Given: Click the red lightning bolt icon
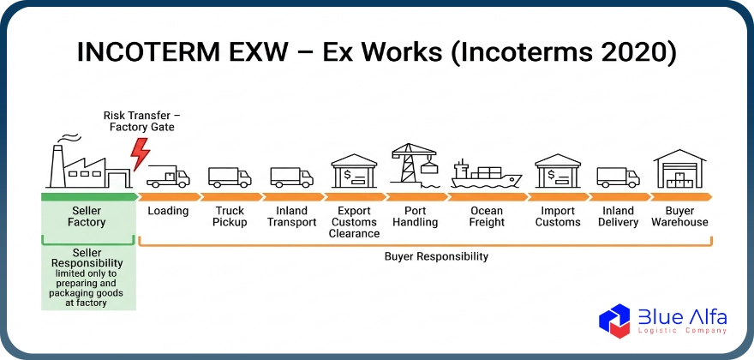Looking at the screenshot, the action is pos(140,154).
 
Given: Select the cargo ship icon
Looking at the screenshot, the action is pos(486,174).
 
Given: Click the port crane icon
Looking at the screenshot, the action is pos(415,165).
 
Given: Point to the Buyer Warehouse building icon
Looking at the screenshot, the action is pos(679,169).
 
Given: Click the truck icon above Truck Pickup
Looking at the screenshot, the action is pos(230,177).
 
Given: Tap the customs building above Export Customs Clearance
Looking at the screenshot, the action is pos(354,171).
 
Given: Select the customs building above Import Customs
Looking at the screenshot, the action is pos(558,171).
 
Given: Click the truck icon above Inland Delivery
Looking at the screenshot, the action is pos(618,177).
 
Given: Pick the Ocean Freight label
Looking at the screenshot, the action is pos(488,217).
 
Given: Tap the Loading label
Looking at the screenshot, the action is pos(168,211).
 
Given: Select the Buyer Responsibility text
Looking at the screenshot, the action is pos(436,256).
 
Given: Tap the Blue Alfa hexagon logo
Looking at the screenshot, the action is pos(614,321).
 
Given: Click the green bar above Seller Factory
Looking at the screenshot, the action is pos(89,196).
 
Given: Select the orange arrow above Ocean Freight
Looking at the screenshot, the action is pos(488,196).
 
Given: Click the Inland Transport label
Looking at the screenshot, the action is pos(292,217).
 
